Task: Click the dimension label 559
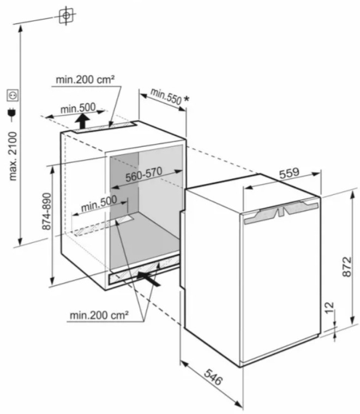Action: pyautogui.click(x=290, y=173)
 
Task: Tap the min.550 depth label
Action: pyautogui.click(x=165, y=96)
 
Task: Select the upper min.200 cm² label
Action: pyautogui.click(x=85, y=80)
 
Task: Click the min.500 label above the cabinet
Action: pyautogui.click(x=77, y=109)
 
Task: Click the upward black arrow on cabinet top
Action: pyautogui.click(x=83, y=119)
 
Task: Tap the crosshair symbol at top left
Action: pyautogui.click(x=65, y=15)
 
